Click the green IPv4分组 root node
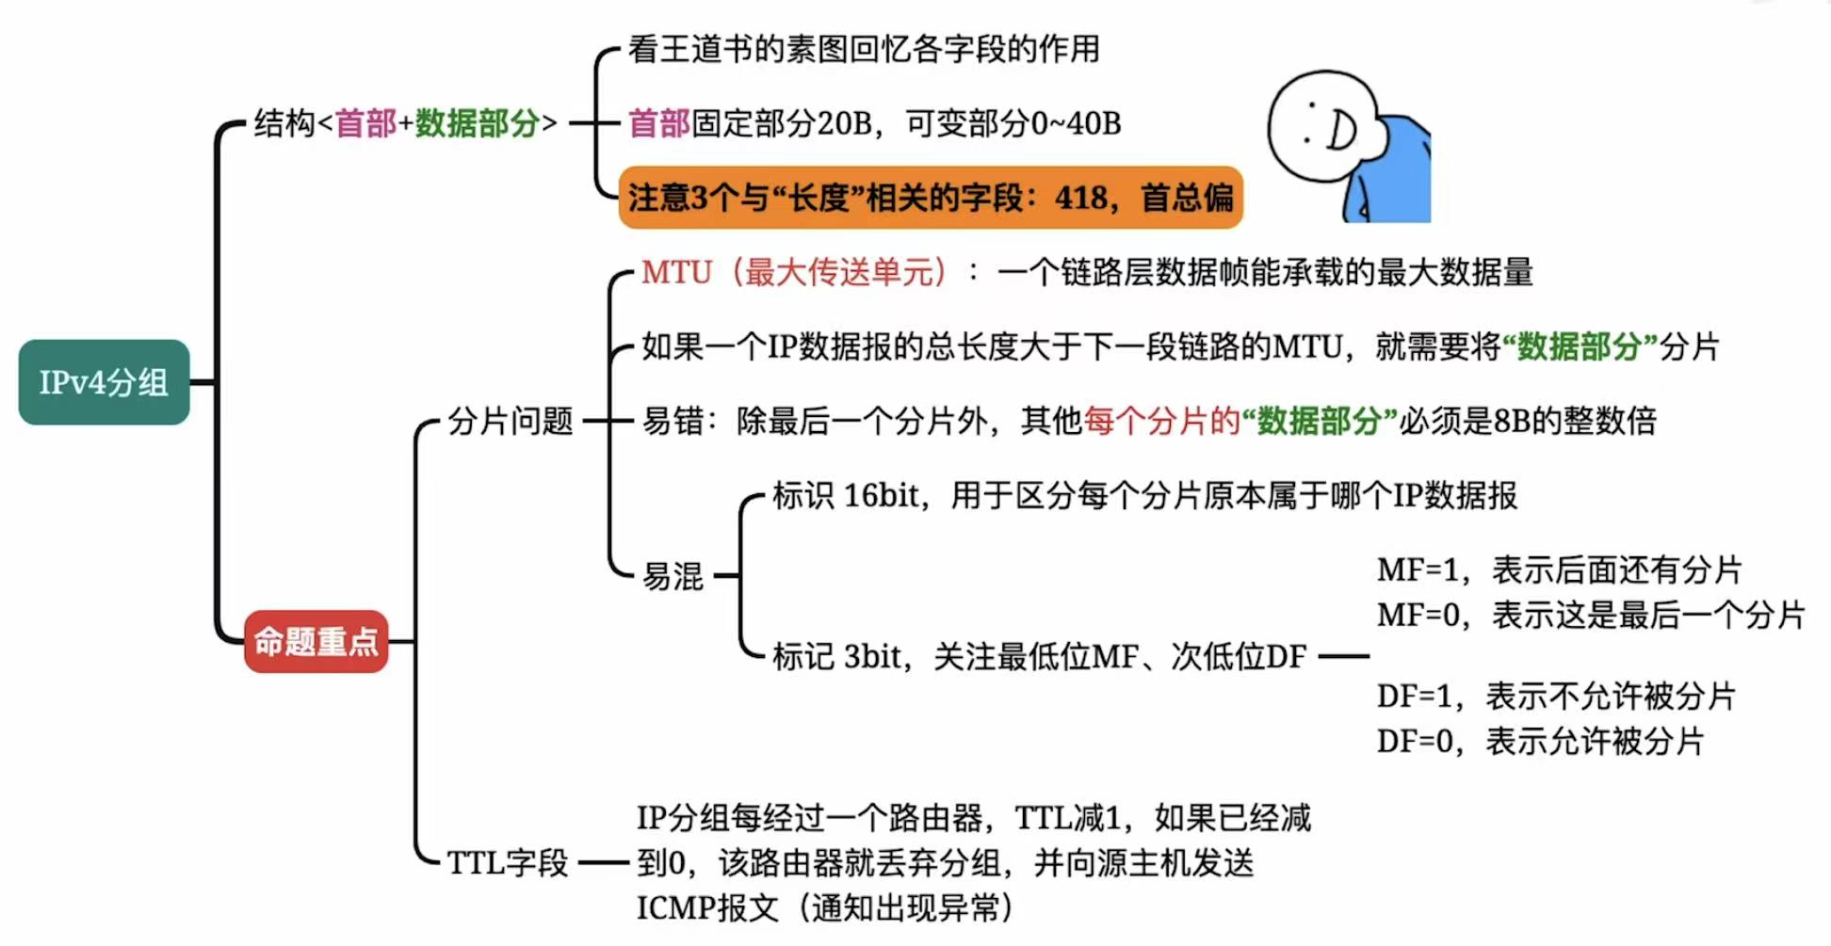coord(104,382)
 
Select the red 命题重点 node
coord(316,641)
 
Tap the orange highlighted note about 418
coord(930,198)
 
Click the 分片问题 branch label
coord(510,421)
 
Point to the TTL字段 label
coord(507,862)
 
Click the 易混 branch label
coord(672,576)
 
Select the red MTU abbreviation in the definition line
coord(676,273)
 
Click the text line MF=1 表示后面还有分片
coord(1558,569)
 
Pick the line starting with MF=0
coord(1590,615)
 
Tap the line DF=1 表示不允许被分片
coord(1555,697)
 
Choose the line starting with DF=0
coord(1540,742)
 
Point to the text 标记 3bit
coord(841,656)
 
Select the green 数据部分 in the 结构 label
coord(477,123)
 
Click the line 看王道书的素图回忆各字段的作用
coord(864,49)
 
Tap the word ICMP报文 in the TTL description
coord(707,908)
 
